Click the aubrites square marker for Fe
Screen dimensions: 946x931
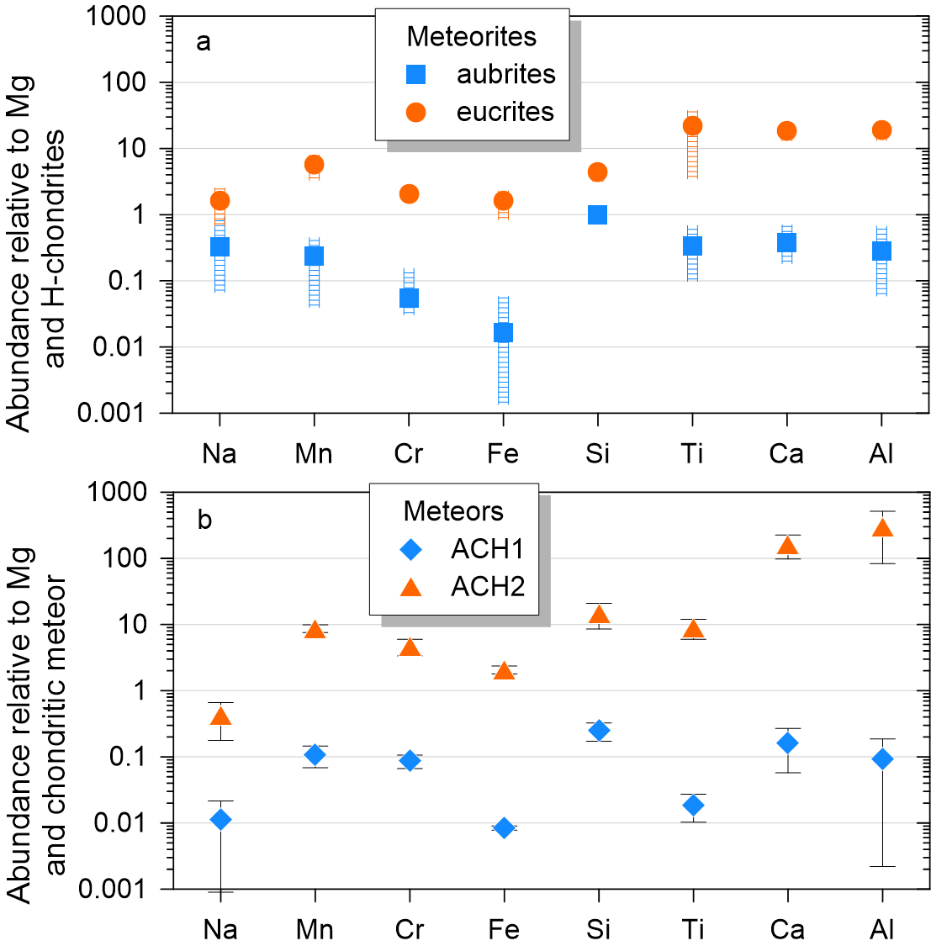click(503, 333)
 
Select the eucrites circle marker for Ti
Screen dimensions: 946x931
click(692, 126)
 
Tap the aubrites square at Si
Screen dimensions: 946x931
click(597, 214)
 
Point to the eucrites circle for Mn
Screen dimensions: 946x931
click(314, 164)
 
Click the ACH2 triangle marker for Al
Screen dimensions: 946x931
click(882, 528)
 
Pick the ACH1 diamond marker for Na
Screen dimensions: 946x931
click(220, 819)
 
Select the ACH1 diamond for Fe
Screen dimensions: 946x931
click(504, 828)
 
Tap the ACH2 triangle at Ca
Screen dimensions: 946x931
click(787, 546)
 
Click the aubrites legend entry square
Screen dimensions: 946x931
click(415, 74)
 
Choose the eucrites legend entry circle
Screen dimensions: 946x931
click(415, 112)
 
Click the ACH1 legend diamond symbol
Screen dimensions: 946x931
click(410, 549)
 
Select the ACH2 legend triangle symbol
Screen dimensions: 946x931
click(410, 586)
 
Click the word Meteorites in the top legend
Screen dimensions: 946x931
click(471, 37)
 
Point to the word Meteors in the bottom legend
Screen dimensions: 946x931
click(453, 511)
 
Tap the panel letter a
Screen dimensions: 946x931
click(203, 42)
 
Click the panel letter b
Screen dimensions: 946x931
click(204, 520)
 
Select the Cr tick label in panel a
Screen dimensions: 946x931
click(409, 454)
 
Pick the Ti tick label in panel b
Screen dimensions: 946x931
click(693, 930)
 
